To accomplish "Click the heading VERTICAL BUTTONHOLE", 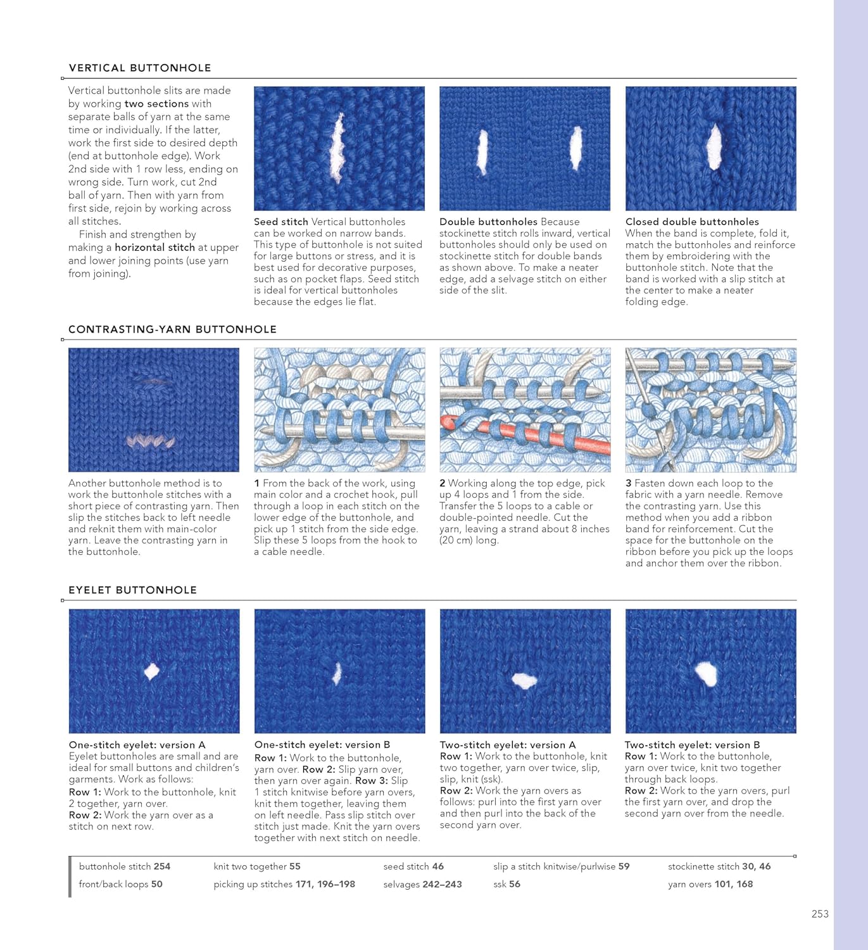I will pos(140,68).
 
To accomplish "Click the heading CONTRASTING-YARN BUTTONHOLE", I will pos(172,329).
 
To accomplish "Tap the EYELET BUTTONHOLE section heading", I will pos(132,590).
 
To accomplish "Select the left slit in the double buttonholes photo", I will pos(482,152).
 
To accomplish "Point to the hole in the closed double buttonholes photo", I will pos(714,146).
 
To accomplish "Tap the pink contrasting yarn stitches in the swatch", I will pos(151,441).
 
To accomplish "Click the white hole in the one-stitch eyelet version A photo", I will pos(151,671).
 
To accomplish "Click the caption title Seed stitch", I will pos(280,222).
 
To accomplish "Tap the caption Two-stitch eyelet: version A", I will pos(508,745).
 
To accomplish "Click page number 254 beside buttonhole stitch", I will pos(162,866).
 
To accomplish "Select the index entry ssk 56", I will pos(506,884).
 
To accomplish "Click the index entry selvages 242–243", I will pos(422,884).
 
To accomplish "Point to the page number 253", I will pos(820,914).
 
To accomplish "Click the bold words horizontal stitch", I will pos(154,248).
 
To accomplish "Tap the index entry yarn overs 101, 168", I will pos(710,884).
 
